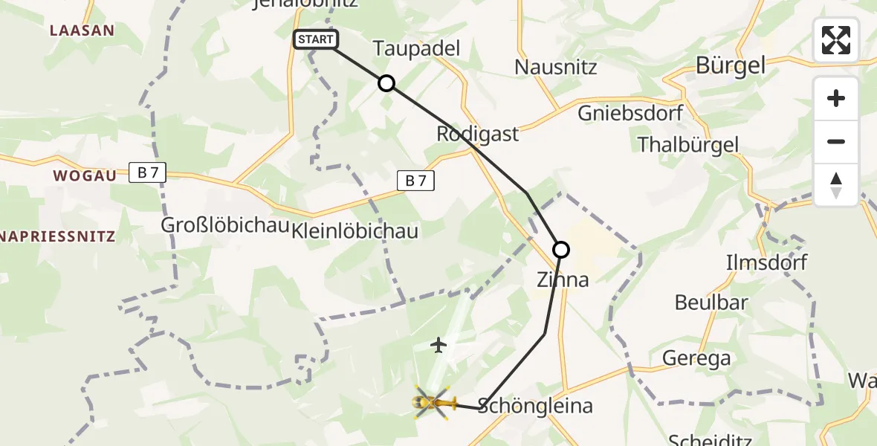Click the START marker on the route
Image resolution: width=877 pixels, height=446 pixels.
pyautogui.click(x=316, y=39)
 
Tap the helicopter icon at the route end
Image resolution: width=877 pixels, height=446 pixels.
pyautogui.click(x=434, y=403)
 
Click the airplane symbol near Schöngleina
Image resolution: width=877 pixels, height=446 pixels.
pyautogui.click(x=438, y=345)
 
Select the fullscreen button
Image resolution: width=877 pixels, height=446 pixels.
pyautogui.click(x=836, y=40)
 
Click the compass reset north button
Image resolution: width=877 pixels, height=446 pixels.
pyautogui.click(x=836, y=185)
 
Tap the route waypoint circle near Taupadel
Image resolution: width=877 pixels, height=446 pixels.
pyautogui.click(x=386, y=83)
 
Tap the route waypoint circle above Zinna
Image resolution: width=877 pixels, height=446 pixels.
pyautogui.click(x=561, y=250)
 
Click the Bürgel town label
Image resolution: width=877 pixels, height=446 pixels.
pyautogui.click(x=731, y=65)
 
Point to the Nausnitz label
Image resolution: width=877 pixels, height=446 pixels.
pyautogui.click(x=556, y=68)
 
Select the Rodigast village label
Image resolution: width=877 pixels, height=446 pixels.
pyautogui.click(x=478, y=135)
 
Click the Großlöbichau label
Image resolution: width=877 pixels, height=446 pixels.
pyautogui.click(x=225, y=226)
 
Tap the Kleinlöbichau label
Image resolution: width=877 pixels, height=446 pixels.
pyautogui.click(x=355, y=230)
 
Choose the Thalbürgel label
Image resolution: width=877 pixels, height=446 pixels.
pyautogui.click(x=688, y=144)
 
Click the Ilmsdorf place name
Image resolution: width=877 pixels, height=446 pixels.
pyautogui.click(x=766, y=262)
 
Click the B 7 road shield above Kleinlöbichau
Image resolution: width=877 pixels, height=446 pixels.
pyautogui.click(x=415, y=181)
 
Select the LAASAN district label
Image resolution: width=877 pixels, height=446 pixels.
pyautogui.click(x=82, y=30)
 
